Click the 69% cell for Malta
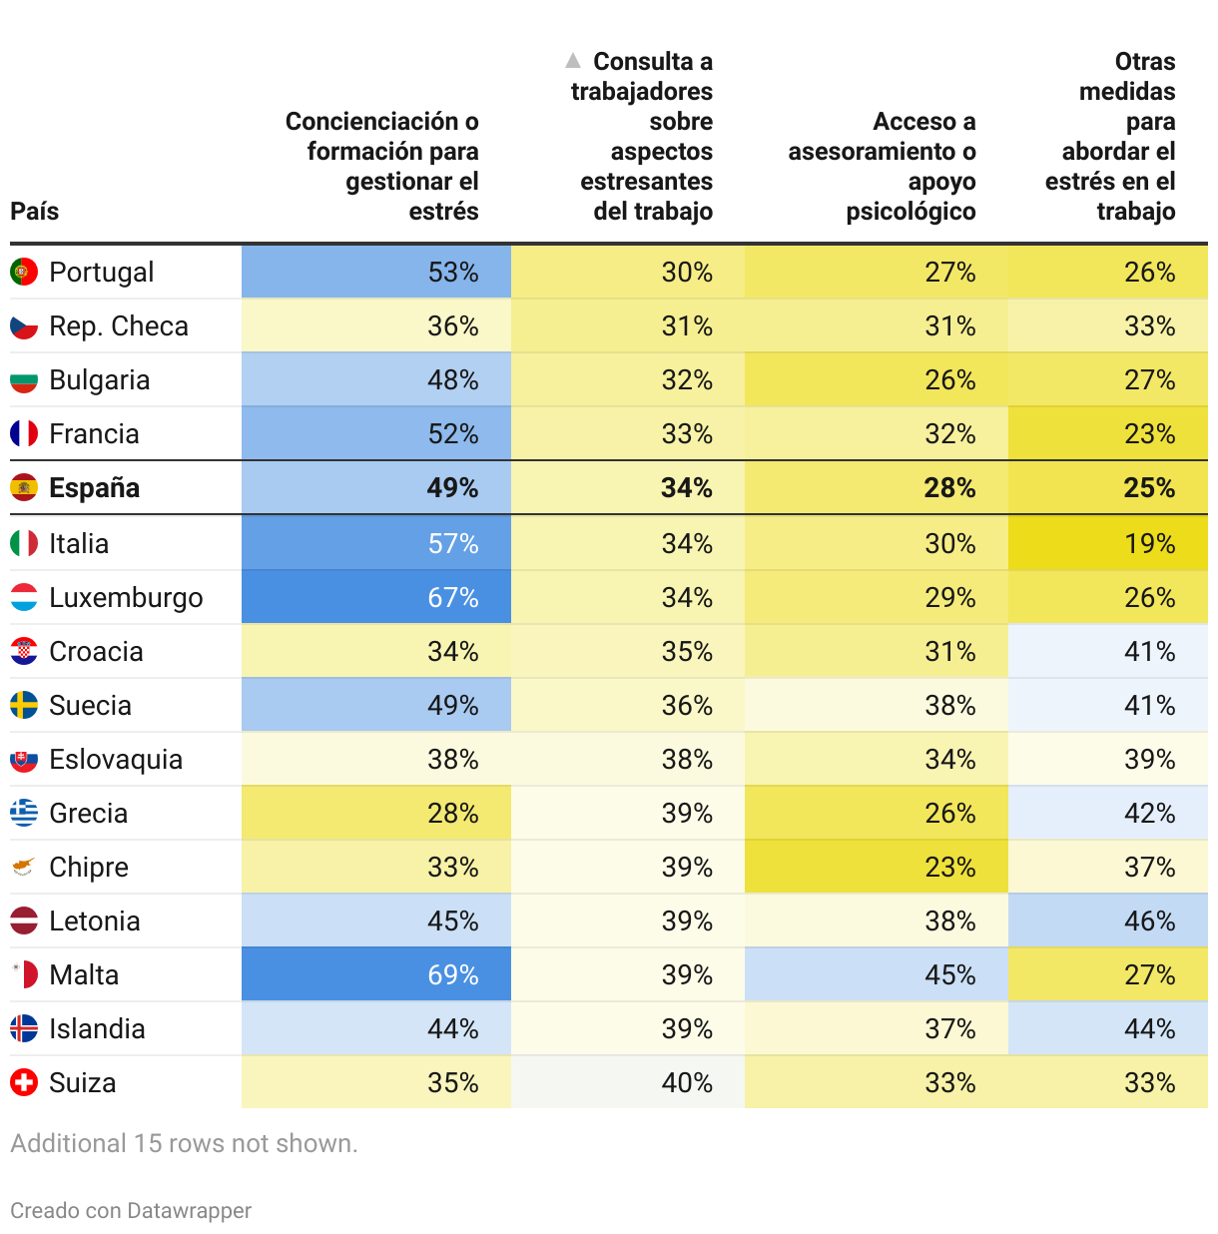point(453,975)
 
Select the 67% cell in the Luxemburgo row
point(453,598)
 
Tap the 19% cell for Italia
point(1149,544)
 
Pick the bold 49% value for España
point(453,488)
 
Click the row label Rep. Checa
point(119,326)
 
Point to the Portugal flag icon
point(24,272)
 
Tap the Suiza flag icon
point(24,1082)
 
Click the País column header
point(35,212)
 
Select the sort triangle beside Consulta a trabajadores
point(573,61)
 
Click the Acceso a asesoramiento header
point(883,166)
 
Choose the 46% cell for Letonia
point(1149,922)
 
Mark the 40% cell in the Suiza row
point(687,1083)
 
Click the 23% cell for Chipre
point(949,868)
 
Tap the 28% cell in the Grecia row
point(453,814)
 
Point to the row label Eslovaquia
point(116,760)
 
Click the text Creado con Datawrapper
point(131,1211)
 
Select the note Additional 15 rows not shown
point(184,1144)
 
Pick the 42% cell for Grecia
point(1149,814)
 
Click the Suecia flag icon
point(24,705)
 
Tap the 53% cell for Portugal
point(453,273)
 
